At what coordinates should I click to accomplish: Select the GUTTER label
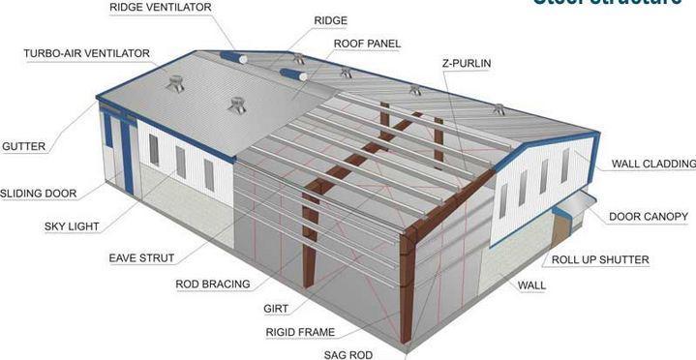tap(24, 147)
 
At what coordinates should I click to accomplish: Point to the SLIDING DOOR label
tap(38, 193)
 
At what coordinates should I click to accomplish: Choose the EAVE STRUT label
tap(141, 258)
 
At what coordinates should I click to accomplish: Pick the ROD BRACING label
tap(212, 285)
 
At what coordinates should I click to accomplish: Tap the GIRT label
tap(275, 310)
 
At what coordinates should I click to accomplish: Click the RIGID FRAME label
tap(301, 333)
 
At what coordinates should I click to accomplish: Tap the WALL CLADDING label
tap(652, 165)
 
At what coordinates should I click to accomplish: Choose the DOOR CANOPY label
tap(649, 216)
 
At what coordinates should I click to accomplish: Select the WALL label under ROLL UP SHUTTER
tap(531, 285)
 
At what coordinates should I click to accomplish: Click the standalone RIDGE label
tap(331, 20)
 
